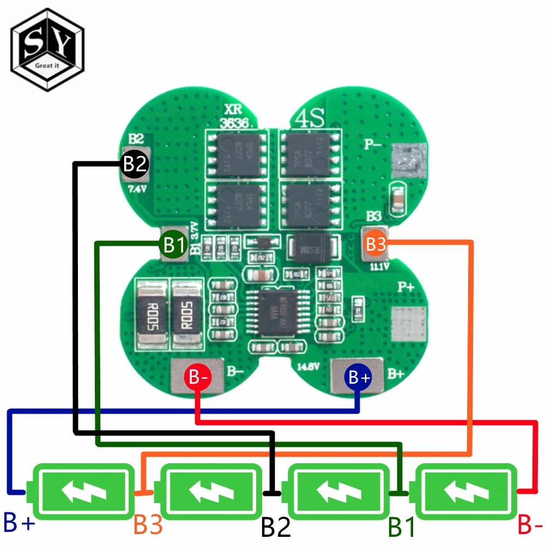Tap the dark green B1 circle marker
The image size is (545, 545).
[x=173, y=245]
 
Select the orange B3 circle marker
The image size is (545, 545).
[x=376, y=245]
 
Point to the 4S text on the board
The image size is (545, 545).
[x=310, y=117]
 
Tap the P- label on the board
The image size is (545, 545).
[x=374, y=145]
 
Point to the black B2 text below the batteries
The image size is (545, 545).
[x=276, y=526]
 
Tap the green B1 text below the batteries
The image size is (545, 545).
[x=402, y=526]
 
